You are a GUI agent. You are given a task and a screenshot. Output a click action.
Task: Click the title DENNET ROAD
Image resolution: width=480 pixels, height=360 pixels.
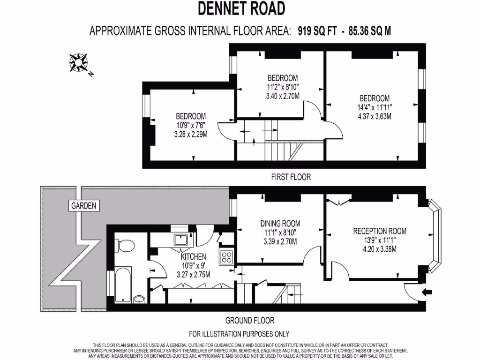coord(241,8)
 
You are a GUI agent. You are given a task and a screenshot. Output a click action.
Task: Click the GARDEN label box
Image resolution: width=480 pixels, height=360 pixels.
coord(83,205)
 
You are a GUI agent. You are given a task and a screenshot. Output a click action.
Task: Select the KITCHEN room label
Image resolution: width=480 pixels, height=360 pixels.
coord(193,256)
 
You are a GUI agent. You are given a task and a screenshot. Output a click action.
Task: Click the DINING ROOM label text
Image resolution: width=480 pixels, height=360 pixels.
coord(280,224)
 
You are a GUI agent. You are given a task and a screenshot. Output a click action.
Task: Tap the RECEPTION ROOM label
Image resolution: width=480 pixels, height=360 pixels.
coord(380,231)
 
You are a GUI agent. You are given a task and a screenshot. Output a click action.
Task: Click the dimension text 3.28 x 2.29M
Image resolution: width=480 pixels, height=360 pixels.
coord(190,134)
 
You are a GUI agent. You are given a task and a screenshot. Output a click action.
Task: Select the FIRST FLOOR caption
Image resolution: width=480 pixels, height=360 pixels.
coord(291,177)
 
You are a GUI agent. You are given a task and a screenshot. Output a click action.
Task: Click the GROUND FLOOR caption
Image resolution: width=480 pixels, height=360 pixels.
coord(250,321)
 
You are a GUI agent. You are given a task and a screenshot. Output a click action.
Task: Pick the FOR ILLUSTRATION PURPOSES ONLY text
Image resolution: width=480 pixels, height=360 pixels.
coord(239,334)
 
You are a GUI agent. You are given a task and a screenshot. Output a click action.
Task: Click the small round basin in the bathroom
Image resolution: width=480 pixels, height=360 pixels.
coord(139,299)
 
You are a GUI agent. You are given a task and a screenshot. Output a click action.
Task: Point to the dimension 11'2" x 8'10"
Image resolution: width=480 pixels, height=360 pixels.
coord(283,87)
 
